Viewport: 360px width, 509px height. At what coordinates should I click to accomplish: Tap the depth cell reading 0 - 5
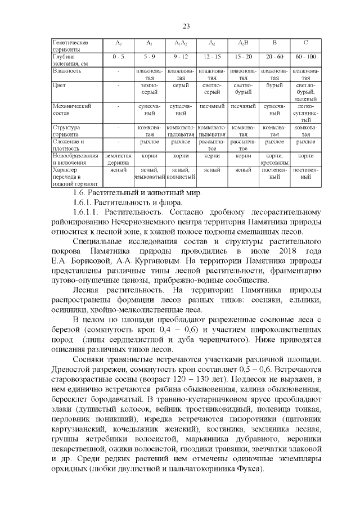118,57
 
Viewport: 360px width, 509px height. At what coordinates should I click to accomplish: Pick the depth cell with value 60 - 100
305,57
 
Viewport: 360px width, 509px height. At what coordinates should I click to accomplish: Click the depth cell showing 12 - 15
212,57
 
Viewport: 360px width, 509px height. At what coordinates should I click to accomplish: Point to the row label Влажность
67,71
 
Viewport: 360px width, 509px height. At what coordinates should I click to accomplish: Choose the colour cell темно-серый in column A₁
150,88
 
